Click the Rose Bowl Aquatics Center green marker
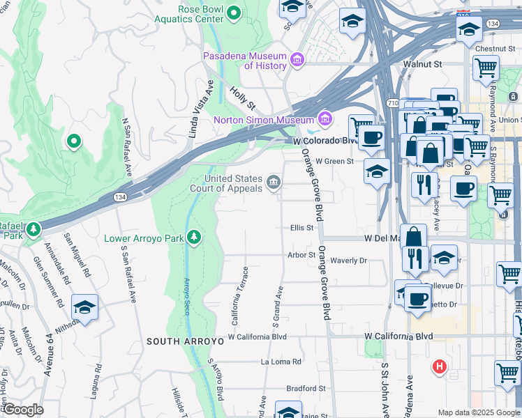coord(234,12)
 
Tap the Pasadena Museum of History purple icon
coord(298,61)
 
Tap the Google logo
coord(22,410)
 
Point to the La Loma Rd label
coord(281,362)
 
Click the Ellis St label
coord(301,227)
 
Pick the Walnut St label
coord(423,63)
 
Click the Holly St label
coord(243,98)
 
